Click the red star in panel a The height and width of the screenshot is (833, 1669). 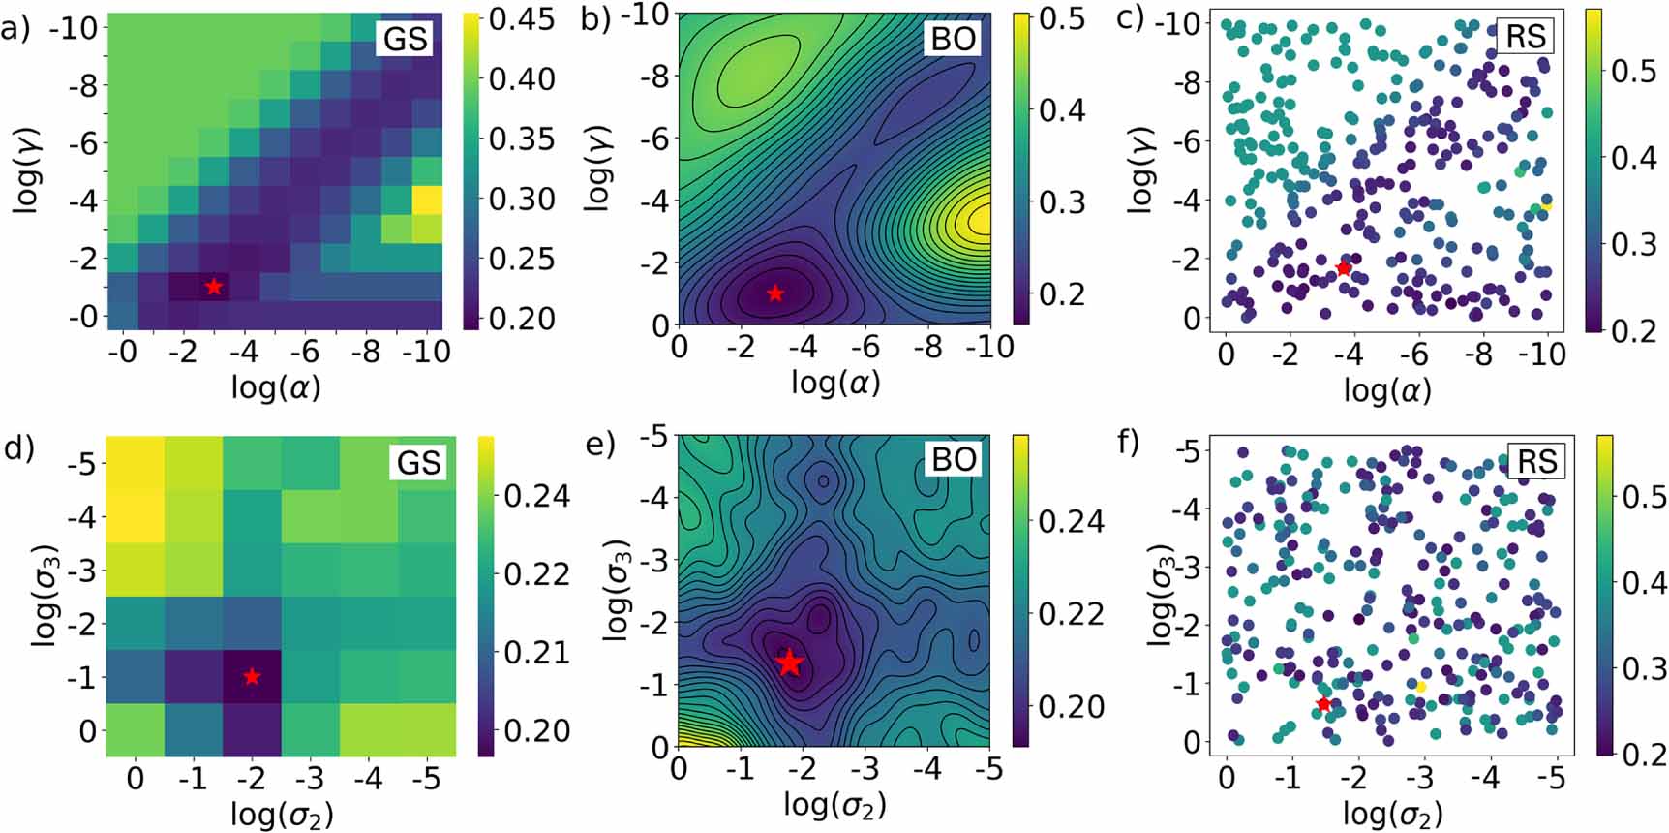click(214, 287)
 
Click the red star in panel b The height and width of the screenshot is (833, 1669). click(774, 293)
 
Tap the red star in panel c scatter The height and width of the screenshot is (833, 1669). click(1343, 267)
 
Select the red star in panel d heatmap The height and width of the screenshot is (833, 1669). click(252, 676)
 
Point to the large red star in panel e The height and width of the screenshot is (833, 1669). click(790, 663)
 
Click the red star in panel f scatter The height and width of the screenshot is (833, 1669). click(1323, 704)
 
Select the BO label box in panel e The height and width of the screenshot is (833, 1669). click(953, 460)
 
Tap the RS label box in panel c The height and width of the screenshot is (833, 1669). click(1528, 37)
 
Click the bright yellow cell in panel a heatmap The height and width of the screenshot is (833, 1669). click(427, 201)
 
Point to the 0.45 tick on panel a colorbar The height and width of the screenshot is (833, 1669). click(522, 19)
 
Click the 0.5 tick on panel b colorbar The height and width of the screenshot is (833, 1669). click(1061, 19)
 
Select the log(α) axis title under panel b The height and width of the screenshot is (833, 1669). click(834, 383)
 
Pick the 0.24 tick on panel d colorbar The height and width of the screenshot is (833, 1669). click(537, 496)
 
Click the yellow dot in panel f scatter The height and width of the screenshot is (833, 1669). click(1421, 686)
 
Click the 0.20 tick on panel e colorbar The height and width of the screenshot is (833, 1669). click(1072, 706)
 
